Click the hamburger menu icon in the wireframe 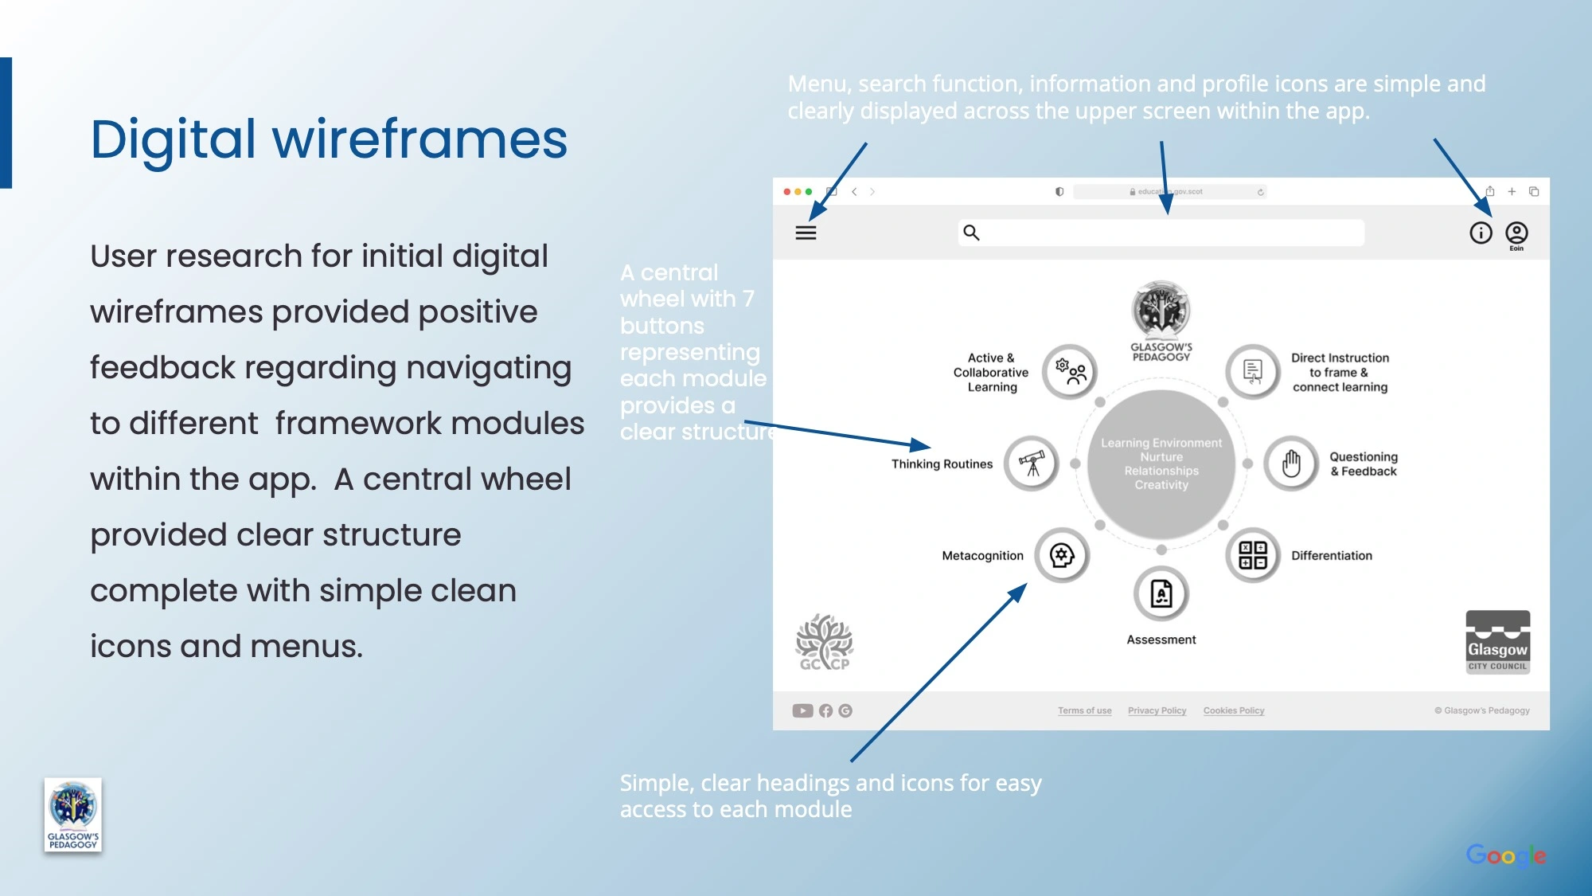point(806,233)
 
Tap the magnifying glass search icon point(971,233)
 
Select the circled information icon point(1481,233)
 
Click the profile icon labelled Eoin point(1516,233)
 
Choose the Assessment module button point(1161,594)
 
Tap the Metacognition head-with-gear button point(1062,555)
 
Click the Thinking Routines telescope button point(1032,464)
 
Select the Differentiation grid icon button point(1253,555)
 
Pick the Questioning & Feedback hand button point(1291,464)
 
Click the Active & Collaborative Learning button point(1071,371)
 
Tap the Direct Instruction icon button point(1253,371)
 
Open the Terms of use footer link point(1084,710)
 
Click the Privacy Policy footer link point(1157,710)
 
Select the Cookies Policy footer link point(1233,710)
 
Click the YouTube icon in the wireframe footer point(802,710)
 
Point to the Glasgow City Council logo point(1497,642)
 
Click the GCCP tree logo point(825,642)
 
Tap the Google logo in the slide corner point(1505,855)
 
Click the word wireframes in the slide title point(419,139)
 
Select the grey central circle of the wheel point(1161,464)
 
